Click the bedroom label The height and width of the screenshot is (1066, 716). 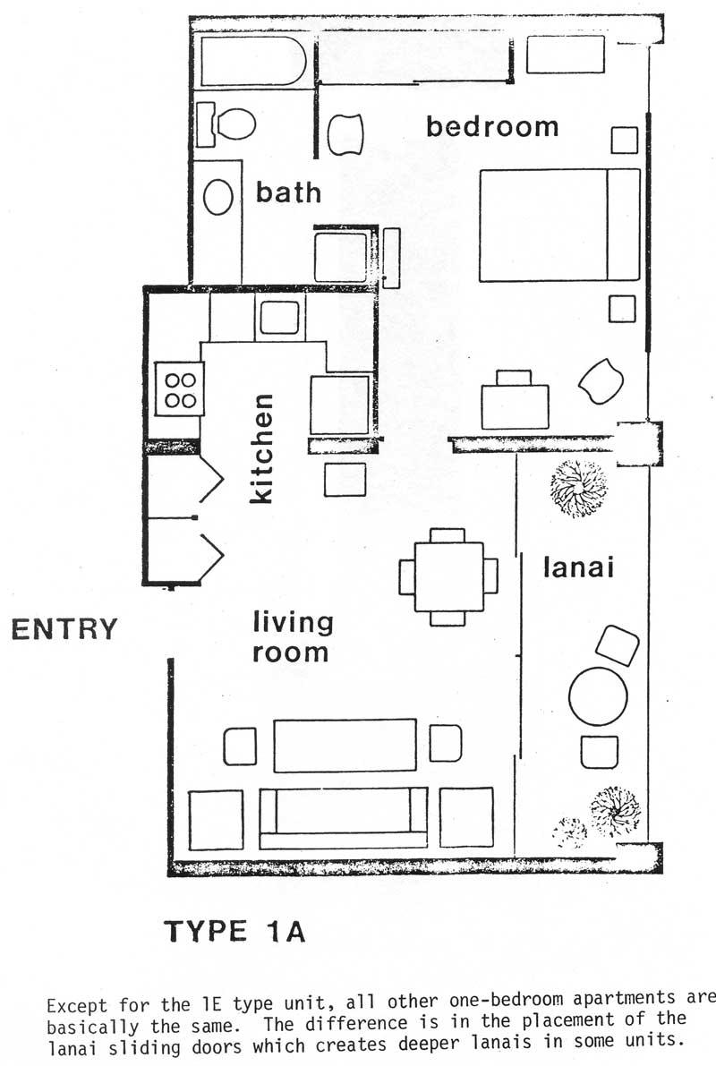[x=492, y=126]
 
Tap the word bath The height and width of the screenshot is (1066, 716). [x=288, y=192]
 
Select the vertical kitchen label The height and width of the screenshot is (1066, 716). [x=261, y=448]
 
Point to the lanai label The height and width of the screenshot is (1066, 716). [x=579, y=567]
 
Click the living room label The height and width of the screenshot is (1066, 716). [x=293, y=637]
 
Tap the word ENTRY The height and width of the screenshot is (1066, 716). [x=64, y=629]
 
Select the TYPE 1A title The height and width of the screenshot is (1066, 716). [x=234, y=931]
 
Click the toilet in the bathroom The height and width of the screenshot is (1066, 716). [x=226, y=124]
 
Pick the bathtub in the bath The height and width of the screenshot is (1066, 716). [x=253, y=62]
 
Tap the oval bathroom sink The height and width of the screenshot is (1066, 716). [x=218, y=197]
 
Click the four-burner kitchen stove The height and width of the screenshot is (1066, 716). [x=180, y=389]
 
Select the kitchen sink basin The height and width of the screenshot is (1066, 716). [x=279, y=318]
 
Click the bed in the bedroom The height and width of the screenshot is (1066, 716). [x=559, y=225]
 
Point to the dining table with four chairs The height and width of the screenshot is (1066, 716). [x=448, y=576]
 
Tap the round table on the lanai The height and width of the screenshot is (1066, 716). [x=598, y=697]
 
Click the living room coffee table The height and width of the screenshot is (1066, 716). [x=345, y=745]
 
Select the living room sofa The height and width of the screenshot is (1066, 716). [x=344, y=819]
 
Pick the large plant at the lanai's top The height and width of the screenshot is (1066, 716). [x=579, y=488]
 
